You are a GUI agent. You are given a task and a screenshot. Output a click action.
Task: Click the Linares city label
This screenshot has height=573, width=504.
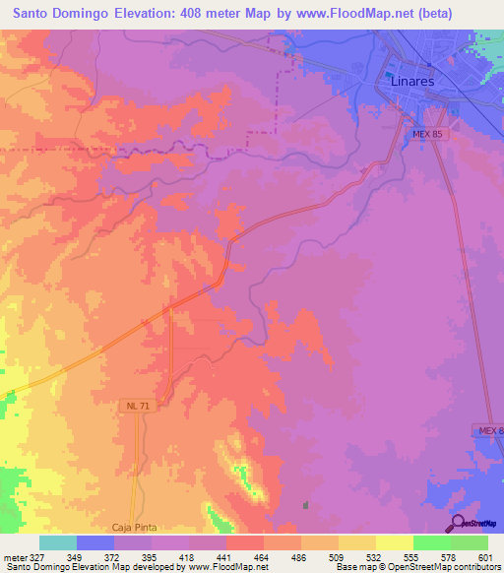point(412,82)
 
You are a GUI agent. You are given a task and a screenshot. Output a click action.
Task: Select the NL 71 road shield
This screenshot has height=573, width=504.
point(136,406)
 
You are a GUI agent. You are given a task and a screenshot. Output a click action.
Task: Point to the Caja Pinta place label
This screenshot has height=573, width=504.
point(135,529)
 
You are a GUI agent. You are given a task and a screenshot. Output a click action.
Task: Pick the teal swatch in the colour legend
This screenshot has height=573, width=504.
point(58,542)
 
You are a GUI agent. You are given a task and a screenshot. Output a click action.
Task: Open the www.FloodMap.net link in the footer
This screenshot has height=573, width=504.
point(228,568)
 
